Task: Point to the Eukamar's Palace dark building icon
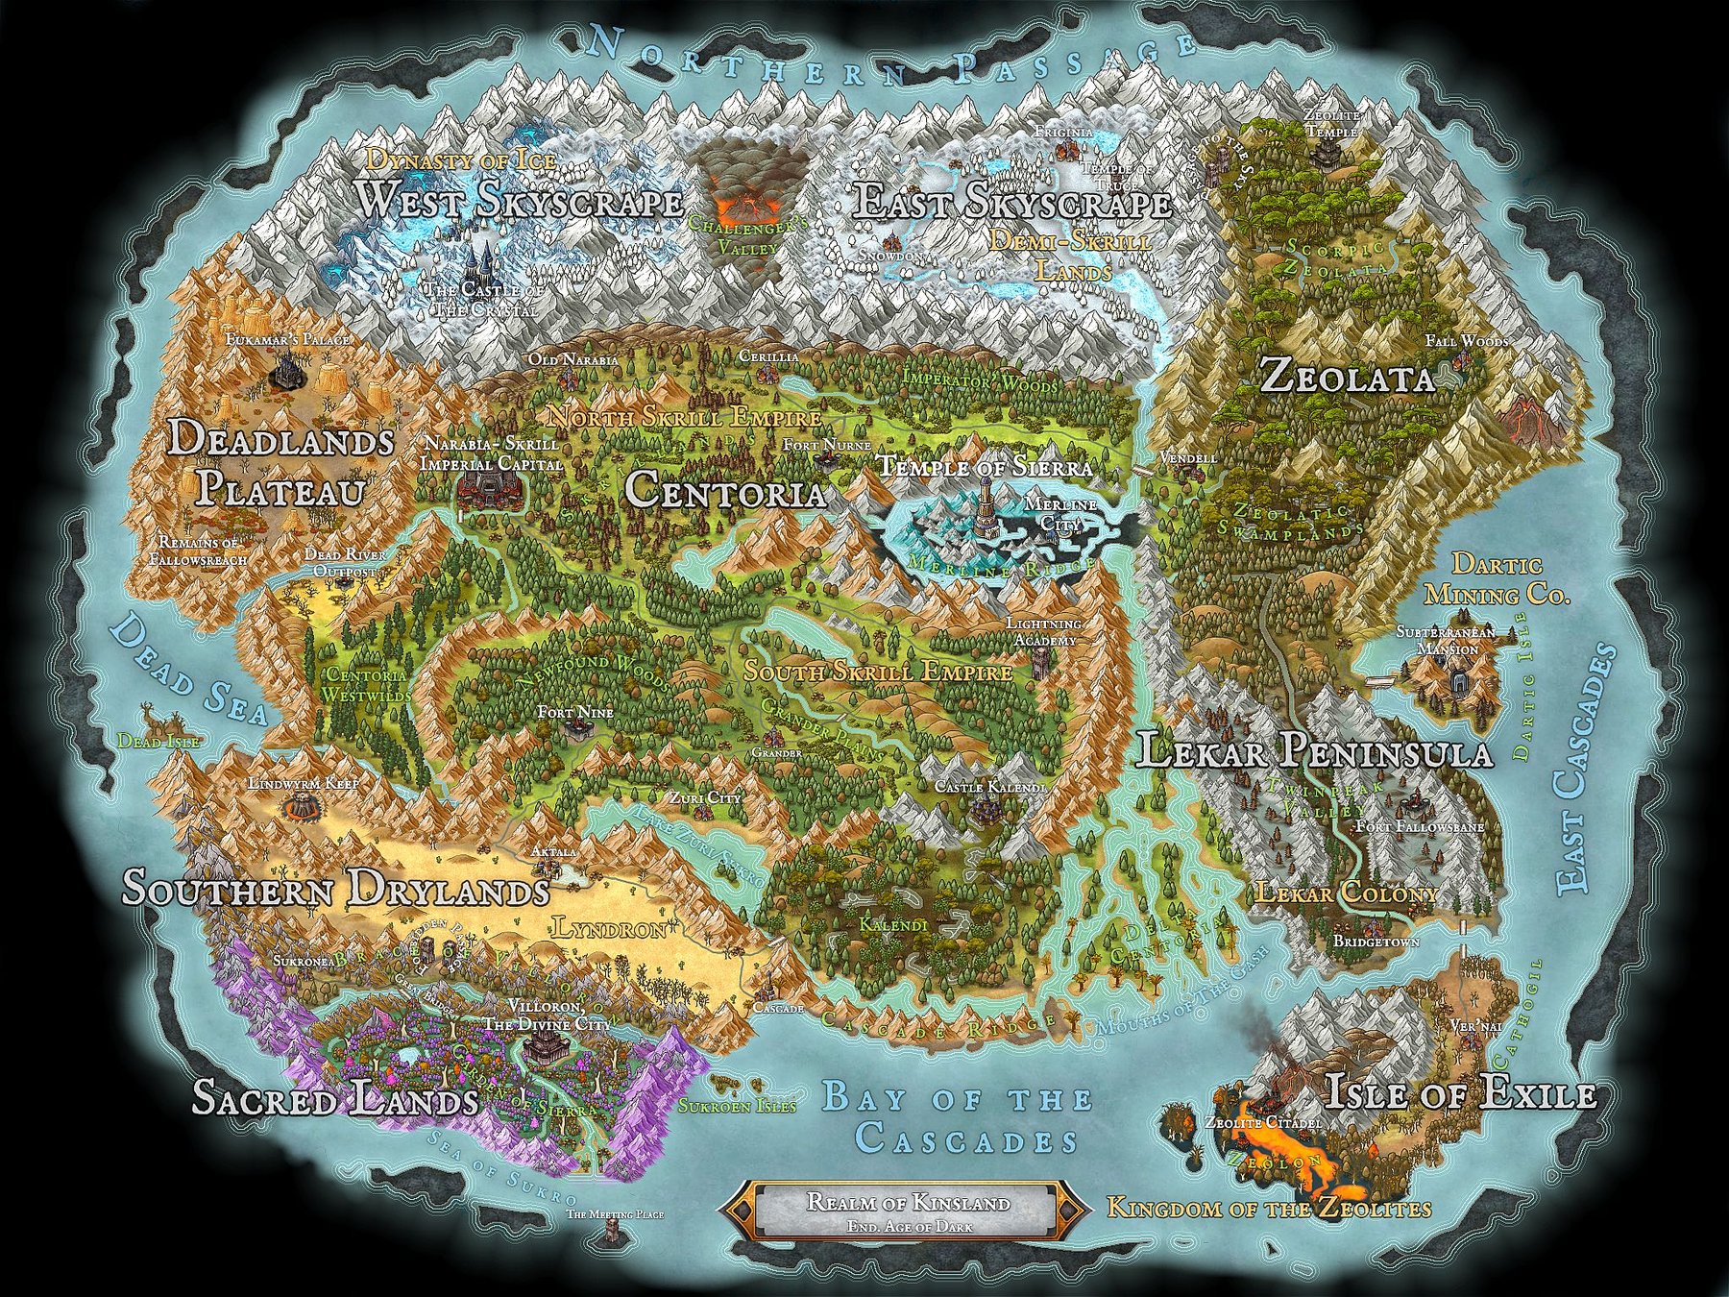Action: [x=284, y=371]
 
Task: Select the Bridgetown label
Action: [x=1376, y=942]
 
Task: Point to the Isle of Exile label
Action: [x=1460, y=1093]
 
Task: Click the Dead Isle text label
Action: [x=145, y=742]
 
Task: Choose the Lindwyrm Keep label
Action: [x=303, y=784]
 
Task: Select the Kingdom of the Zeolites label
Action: [x=1269, y=1209]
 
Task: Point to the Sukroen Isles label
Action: [x=738, y=1106]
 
